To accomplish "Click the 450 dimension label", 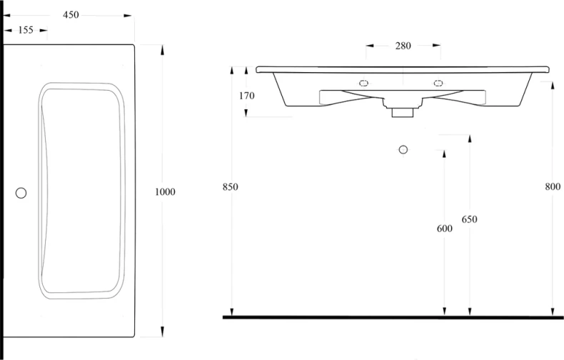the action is click(x=71, y=15).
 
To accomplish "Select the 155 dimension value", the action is click(x=26, y=30).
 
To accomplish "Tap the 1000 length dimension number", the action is click(x=165, y=192).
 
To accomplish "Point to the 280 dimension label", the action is click(x=403, y=46).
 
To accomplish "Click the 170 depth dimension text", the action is click(x=246, y=96).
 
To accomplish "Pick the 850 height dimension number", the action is click(x=230, y=187).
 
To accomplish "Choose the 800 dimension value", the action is click(x=553, y=186).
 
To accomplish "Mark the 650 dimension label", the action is click(x=469, y=219).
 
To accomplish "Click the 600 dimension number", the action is click(x=445, y=229).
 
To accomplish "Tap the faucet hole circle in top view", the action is click(x=21, y=194).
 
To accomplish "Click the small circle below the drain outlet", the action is click(x=403, y=149).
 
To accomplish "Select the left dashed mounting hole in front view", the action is click(x=363, y=83).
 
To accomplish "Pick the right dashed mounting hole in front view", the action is click(x=438, y=83).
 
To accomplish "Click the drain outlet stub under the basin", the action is click(x=403, y=112).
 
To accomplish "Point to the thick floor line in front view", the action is click(x=393, y=317).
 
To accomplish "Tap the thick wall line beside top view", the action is click(x=1, y=180).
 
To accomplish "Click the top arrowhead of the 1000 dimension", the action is click(x=162, y=49).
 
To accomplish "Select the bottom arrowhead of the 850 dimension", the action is click(x=232, y=311).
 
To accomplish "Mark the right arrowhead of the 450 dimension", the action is click(x=128, y=16).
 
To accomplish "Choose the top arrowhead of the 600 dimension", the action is click(x=444, y=154).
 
